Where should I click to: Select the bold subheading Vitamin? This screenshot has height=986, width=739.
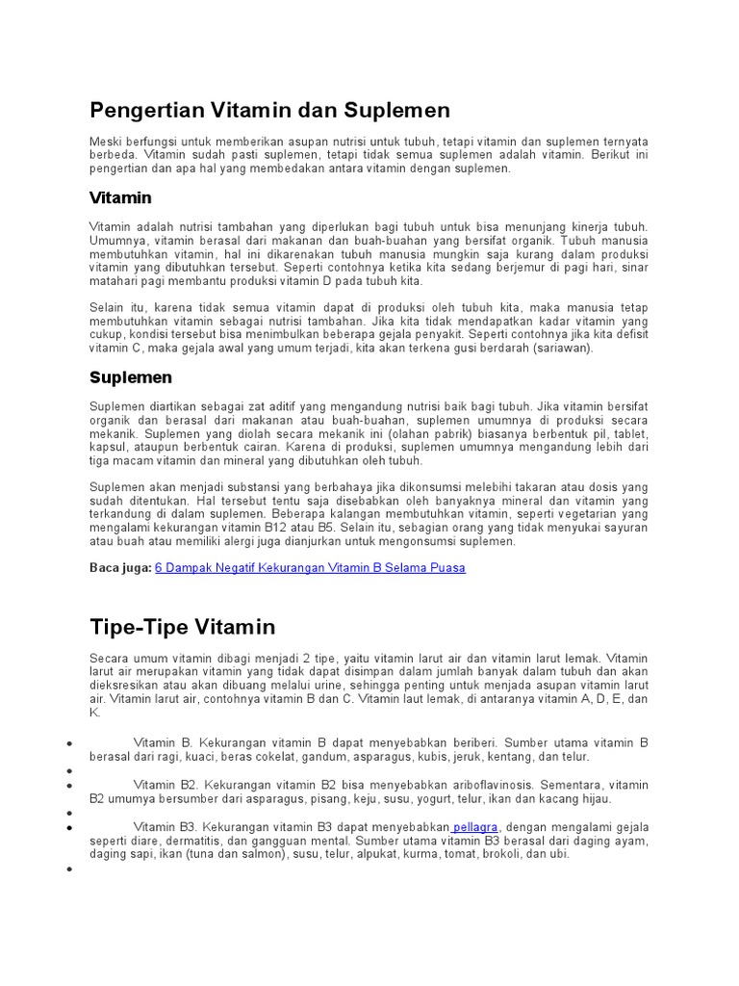tap(120, 197)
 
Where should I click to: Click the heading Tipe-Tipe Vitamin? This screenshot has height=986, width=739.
tap(182, 627)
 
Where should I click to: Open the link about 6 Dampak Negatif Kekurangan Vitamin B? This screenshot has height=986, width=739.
tap(310, 568)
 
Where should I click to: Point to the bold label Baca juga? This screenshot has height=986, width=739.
tap(120, 568)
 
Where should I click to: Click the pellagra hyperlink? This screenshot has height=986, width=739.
tap(478, 826)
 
